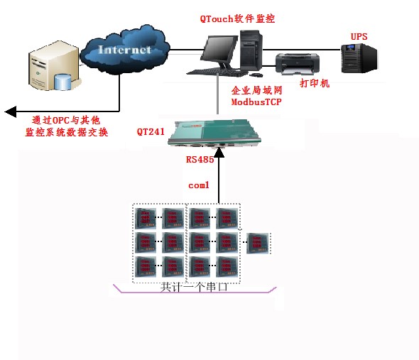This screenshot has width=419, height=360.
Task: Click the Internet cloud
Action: click(x=125, y=49)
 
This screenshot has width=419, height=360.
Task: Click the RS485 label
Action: click(x=200, y=160)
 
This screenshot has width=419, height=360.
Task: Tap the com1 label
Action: click(x=199, y=185)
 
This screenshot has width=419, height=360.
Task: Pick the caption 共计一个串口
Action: click(x=190, y=288)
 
